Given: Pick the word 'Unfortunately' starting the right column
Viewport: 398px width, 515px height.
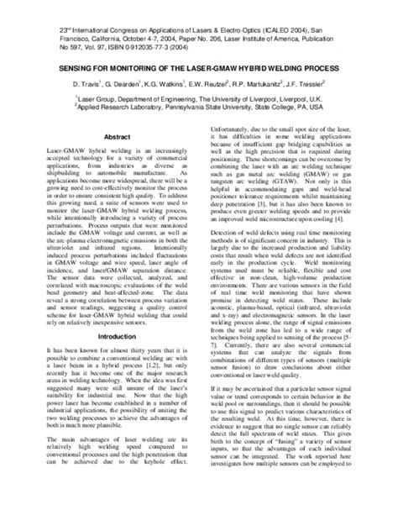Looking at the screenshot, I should (x=225, y=130).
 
